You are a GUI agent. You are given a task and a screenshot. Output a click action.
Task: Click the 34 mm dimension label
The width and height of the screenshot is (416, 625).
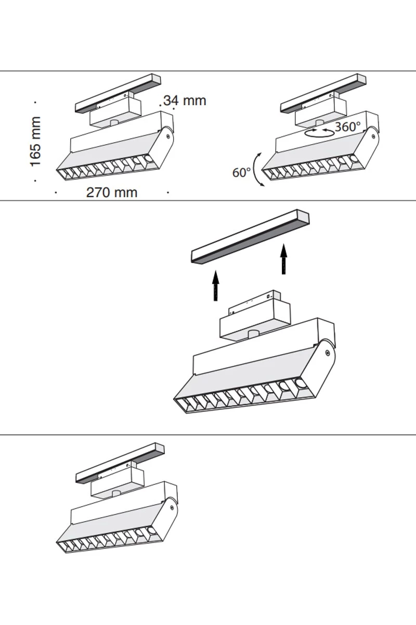point(185,101)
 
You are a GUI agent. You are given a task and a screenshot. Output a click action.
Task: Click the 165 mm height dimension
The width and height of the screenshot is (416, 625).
point(35,142)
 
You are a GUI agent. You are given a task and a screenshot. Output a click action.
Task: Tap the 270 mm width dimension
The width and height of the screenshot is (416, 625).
point(112,192)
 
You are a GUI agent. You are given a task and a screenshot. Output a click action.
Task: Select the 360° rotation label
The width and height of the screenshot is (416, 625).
point(347,127)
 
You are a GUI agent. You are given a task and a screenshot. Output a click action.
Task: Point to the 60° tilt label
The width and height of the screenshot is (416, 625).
point(241,172)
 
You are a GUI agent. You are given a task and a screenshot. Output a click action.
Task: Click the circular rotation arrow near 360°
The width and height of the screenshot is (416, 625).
point(318,132)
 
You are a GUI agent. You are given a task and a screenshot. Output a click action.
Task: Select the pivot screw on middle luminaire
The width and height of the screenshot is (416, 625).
point(327,353)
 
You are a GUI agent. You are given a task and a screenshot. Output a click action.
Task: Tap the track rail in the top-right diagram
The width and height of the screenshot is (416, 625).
point(322,93)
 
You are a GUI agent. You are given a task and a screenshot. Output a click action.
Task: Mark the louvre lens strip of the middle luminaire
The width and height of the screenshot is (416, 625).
point(244,398)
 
